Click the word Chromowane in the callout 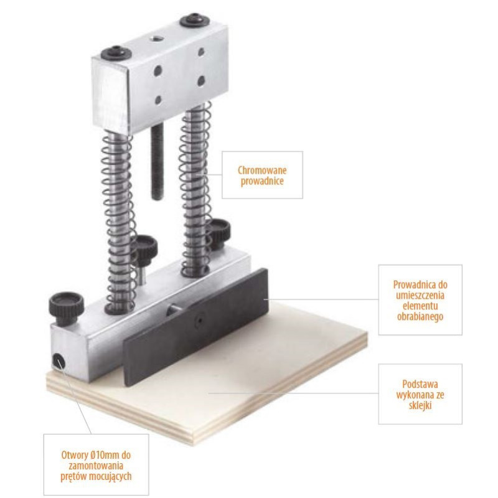[262, 170]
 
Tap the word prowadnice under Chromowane [262, 181]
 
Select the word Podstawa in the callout [420, 384]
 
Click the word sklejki [420, 406]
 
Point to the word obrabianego [420, 317]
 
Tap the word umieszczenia [420, 295]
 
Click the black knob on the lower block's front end [67, 307]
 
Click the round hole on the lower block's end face [59, 362]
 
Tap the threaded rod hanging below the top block [157, 161]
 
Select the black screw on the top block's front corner [116, 53]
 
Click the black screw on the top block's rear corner [195, 20]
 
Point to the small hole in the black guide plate [199, 320]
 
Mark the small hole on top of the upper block [157, 39]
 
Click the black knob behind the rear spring [219, 231]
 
